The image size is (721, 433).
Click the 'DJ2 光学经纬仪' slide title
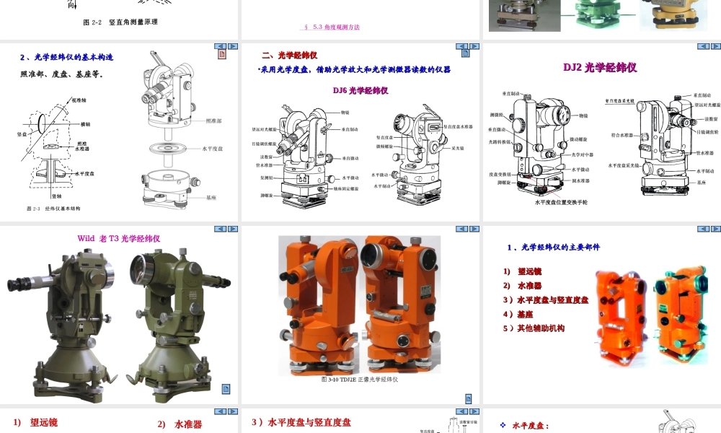click(x=600, y=67)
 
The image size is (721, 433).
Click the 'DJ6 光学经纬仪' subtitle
click(x=360, y=91)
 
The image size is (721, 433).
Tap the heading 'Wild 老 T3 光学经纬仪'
click(x=118, y=238)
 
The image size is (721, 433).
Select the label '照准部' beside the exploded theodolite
click(x=213, y=121)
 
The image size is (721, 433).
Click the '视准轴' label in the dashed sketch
click(x=79, y=100)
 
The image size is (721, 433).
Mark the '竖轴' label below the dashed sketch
click(x=56, y=195)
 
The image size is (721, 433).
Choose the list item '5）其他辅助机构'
click(x=534, y=328)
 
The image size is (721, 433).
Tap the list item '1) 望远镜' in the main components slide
click(x=522, y=271)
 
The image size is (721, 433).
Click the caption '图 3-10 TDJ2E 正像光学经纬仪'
click(x=359, y=379)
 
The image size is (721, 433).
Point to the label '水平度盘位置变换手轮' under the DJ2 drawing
click(x=561, y=202)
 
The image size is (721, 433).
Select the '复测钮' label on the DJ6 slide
click(x=266, y=176)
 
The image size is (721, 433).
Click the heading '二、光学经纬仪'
click(x=289, y=56)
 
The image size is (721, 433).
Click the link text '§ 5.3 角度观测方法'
click(x=331, y=27)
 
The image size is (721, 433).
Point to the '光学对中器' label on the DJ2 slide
click(x=581, y=154)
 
